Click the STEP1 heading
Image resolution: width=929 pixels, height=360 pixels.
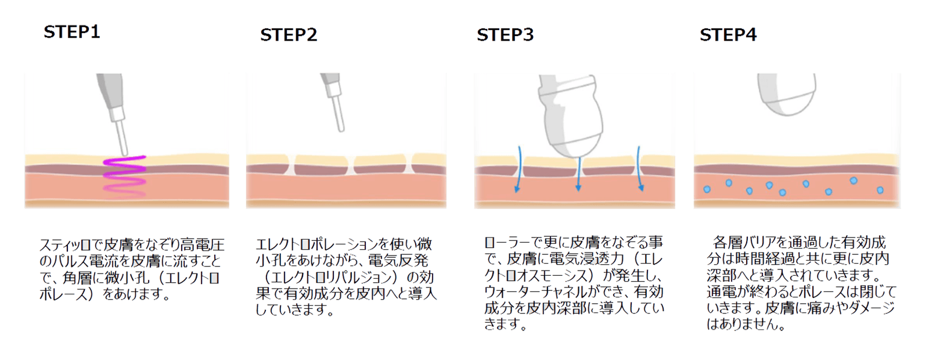[x=72, y=32]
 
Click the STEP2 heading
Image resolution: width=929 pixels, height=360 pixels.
[x=288, y=35]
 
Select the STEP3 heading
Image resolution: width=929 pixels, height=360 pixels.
[x=505, y=35]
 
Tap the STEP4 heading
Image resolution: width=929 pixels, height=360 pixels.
[x=728, y=35]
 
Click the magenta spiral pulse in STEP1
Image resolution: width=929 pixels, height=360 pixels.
[x=124, y=175]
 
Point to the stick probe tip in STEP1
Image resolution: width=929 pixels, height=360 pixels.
[x=124, y=153]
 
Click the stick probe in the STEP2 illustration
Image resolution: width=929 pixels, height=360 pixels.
[x=334, y=102]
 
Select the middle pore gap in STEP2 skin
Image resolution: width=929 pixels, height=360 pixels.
[x=351, y=165]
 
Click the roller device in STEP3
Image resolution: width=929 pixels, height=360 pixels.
[x=570, y=116]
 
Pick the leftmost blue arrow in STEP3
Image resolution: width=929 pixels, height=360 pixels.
[x=518, y=169]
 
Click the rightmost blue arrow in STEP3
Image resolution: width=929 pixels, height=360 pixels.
[x=640, y=168]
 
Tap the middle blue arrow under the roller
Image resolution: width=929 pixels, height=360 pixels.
[x=578, y=174]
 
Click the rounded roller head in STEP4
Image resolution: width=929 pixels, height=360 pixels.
[x=786, y=95]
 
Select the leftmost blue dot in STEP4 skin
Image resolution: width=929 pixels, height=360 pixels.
[x=707, y=189]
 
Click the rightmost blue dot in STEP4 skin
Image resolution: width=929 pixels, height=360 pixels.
[x=880, y=190]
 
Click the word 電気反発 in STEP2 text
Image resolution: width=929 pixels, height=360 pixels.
[x=398, y=261]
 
